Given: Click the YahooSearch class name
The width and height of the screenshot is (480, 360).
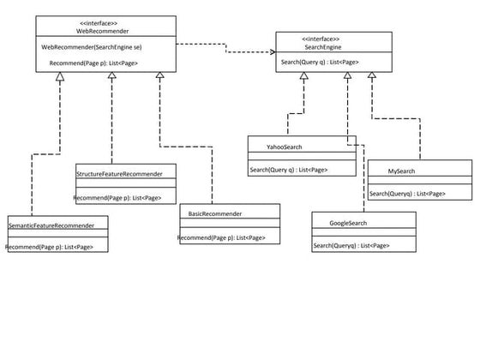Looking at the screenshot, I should coord(284,147).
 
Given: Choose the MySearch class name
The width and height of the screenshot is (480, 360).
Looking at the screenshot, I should coord(401,171).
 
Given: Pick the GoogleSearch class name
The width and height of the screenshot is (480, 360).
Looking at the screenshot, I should coord(350,223).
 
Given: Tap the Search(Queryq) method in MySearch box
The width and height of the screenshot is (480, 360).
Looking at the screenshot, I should coord(407,194).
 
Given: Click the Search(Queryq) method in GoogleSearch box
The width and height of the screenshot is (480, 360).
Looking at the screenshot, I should coord(351,246).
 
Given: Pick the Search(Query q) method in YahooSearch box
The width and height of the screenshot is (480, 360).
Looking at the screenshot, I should coord(288,170).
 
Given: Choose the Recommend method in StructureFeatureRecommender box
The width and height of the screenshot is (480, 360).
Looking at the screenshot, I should coord(117,198).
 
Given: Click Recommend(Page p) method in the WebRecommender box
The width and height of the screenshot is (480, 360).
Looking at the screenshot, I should coord(94,63).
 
